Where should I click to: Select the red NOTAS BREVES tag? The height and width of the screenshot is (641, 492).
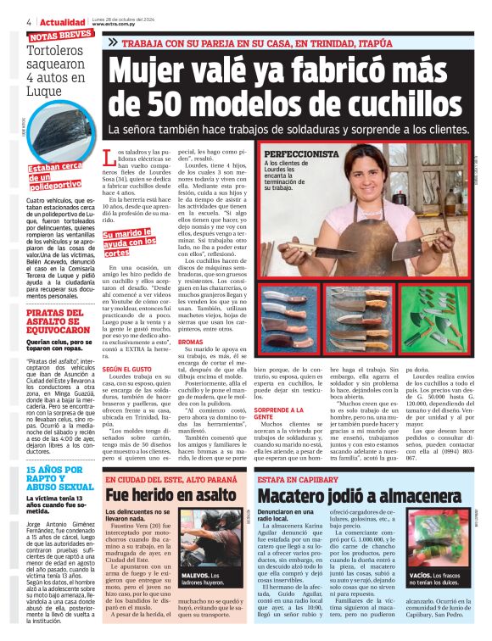60,36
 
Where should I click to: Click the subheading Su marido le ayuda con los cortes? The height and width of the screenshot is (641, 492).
128,242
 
